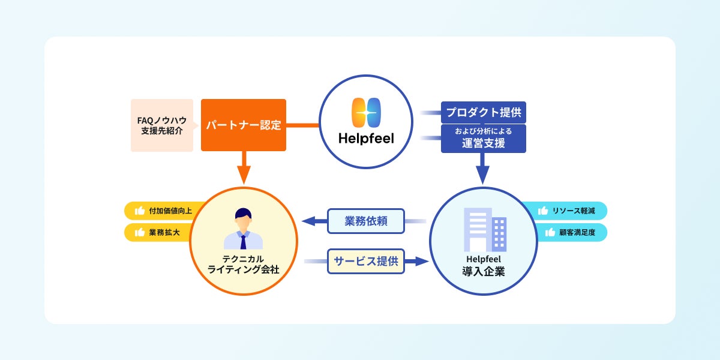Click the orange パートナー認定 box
tap(243, 125)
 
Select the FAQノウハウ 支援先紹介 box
tap(162, 125)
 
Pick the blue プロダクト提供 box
tap(483, 112)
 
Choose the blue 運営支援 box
tap(483, 139)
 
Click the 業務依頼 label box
tap(366, 221)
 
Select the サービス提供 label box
tap(366, 261)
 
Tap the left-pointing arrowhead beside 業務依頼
tap(310, 221)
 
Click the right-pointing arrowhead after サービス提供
tap(421, 261)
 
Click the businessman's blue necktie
tap(243, 241)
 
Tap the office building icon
tap(485, 230)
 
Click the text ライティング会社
tap(243, 271)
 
